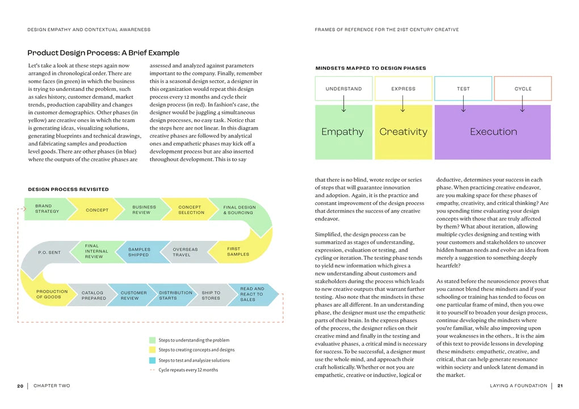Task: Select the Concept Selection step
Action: coord(191,210)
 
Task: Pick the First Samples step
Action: coord(237,251)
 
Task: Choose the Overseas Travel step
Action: coord(186,252)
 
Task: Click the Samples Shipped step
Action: coord(140,252)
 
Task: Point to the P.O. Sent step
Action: coord(49,252)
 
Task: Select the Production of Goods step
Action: coord(52,294)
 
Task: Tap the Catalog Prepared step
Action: coord(94,295)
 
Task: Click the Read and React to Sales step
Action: coord(252,294)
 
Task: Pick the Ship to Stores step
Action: coord(211,295)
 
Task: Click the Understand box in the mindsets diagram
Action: coord(343,89)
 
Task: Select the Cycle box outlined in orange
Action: coord(523,89)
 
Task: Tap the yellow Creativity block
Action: coord(403,132)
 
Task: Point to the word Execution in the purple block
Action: coord(493,132)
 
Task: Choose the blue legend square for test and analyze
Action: coord(152,360)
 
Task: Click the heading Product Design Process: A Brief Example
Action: coord(103,53)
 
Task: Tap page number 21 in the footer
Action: coord(560,386)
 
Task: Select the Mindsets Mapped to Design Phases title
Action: coord(370,68)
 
